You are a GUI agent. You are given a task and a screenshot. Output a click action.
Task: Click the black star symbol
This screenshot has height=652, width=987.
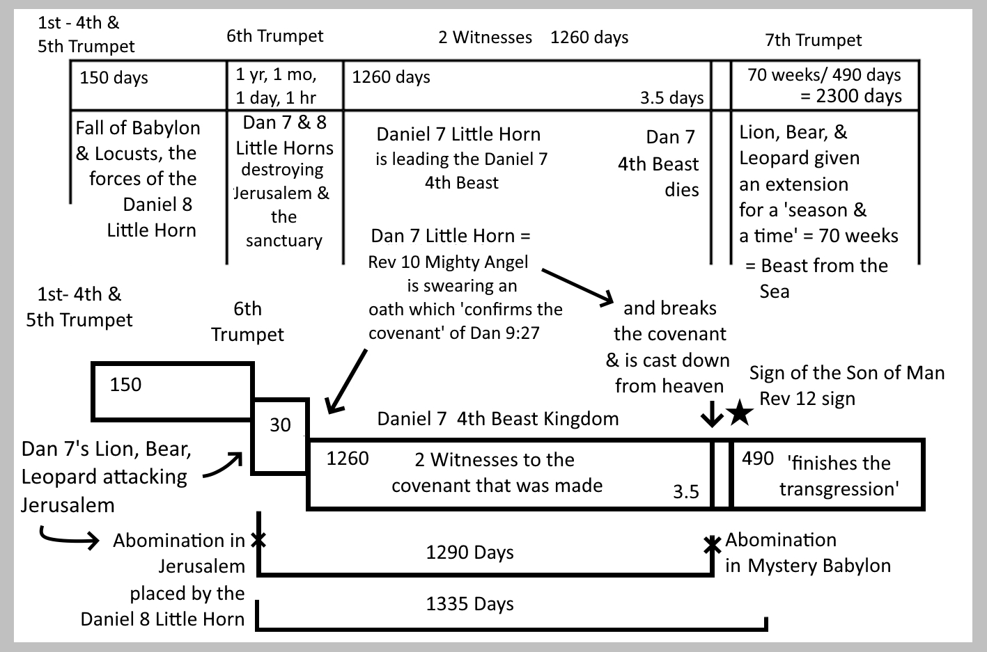coord(740,414)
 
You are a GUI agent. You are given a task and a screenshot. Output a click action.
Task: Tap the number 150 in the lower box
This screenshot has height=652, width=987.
coord(125,385)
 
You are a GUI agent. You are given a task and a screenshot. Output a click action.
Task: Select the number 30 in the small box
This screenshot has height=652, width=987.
coord(280,425)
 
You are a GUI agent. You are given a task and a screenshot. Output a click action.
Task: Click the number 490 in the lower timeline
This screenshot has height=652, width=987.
coord(758,459)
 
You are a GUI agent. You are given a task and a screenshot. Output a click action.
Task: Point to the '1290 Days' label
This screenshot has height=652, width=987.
coord(469,552)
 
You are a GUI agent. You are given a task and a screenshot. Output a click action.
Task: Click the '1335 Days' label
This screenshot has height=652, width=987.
coord(469,604)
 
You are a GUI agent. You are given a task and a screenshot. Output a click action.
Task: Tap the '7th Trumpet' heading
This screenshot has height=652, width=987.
coord(813,40)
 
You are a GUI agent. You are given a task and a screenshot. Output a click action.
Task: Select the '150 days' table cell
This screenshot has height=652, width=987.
coord(114,78)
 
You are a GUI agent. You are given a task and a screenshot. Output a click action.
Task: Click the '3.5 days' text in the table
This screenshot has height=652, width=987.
coord(671,98)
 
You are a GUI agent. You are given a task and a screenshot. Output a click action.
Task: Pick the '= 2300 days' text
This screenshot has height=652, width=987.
coord(850,96)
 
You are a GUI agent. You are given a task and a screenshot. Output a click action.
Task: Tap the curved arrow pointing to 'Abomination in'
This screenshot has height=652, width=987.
coord(68,538)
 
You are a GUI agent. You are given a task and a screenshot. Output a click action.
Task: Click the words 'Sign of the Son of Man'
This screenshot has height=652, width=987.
coord(846,373)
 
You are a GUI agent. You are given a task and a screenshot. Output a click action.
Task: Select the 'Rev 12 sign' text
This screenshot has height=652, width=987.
coord(807,399)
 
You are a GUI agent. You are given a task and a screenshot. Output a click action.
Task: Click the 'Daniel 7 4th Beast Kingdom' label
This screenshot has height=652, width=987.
coord(497,419)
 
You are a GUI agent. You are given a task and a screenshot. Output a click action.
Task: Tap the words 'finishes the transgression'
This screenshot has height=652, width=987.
coord(839,476)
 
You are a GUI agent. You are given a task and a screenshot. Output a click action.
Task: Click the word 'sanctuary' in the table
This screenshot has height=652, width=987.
coord(283,241)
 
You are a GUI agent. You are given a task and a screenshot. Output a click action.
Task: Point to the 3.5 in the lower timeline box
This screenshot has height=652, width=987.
coord(685,492)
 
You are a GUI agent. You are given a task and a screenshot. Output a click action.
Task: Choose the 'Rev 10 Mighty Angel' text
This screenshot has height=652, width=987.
coord(448,262)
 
